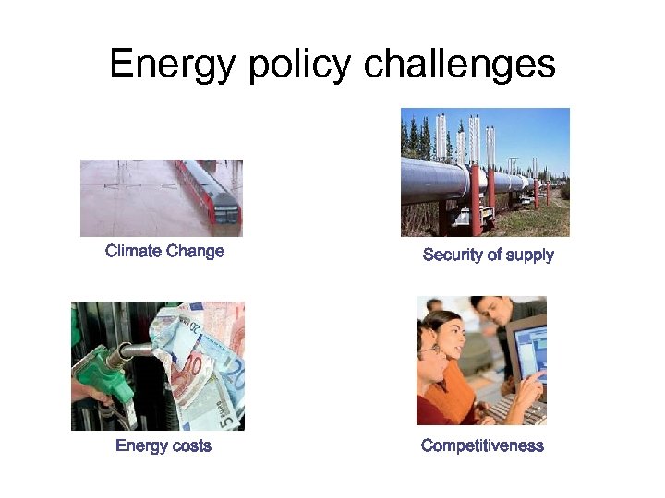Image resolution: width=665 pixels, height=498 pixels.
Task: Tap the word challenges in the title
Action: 460,65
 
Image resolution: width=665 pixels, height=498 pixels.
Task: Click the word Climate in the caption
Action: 133,251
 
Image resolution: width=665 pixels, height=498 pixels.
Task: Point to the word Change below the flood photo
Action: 195,251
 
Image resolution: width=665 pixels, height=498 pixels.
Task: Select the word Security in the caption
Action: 453,255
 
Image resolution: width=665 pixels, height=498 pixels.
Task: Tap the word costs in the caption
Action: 188,446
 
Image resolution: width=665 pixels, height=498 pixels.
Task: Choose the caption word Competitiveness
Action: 482,446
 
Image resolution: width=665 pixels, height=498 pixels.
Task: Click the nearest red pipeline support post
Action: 474,198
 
